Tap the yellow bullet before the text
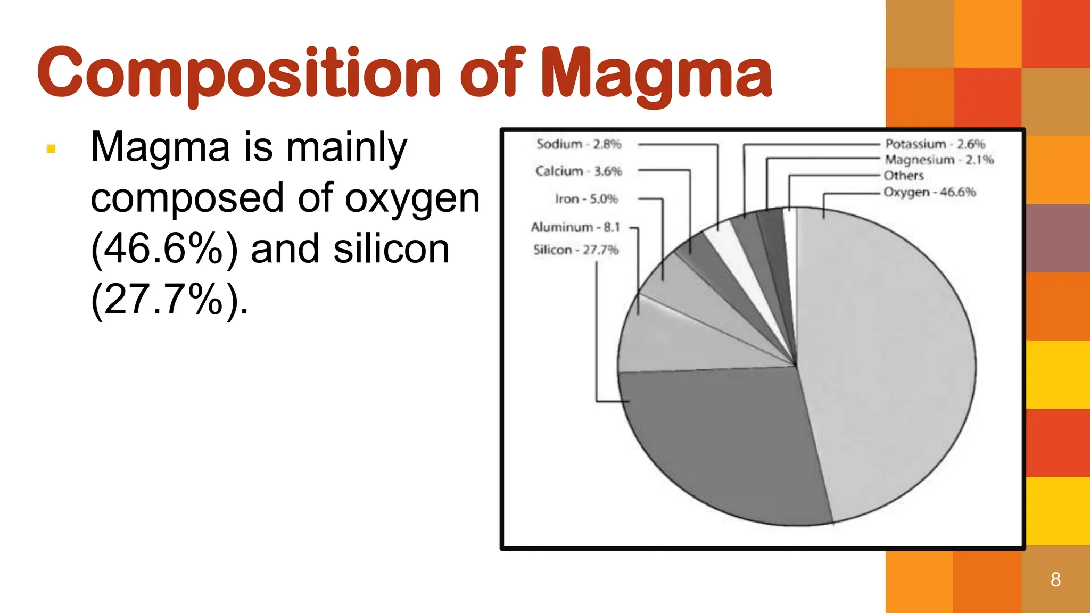[x=51, y=149]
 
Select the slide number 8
[x=1055, y=579]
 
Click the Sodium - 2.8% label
[x=579, y=144]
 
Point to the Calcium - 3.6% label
[x=579, y=171]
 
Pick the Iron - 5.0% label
[x=586, y=199]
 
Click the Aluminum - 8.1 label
[x=575, y=227]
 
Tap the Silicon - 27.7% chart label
[x=576, y=250]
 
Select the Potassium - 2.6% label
[x=935, y=144]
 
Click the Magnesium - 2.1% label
[x=939, y=160]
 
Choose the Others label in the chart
[x=903, y=176]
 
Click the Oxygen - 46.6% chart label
[x=929, y=192]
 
